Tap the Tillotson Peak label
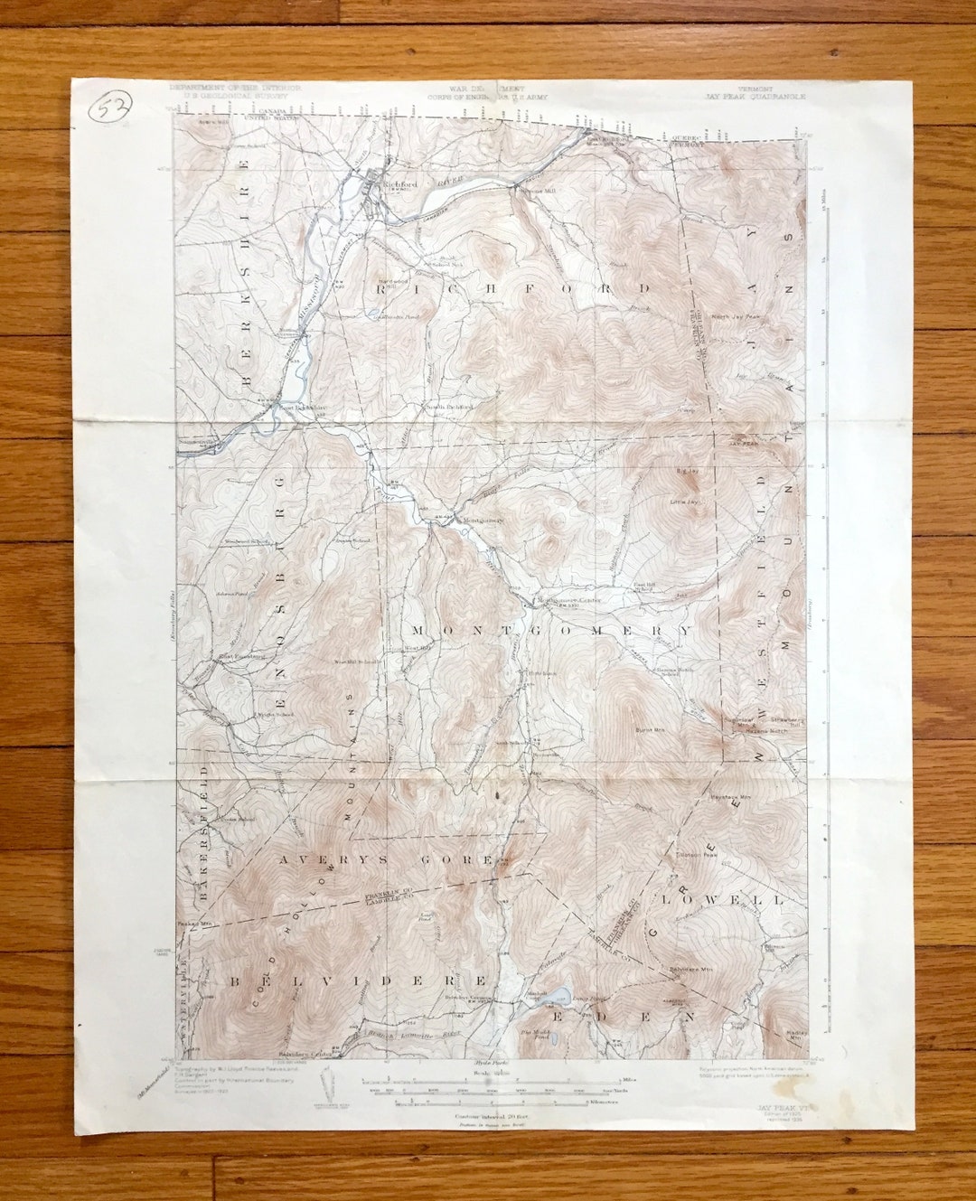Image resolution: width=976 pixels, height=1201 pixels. (696, 853)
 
